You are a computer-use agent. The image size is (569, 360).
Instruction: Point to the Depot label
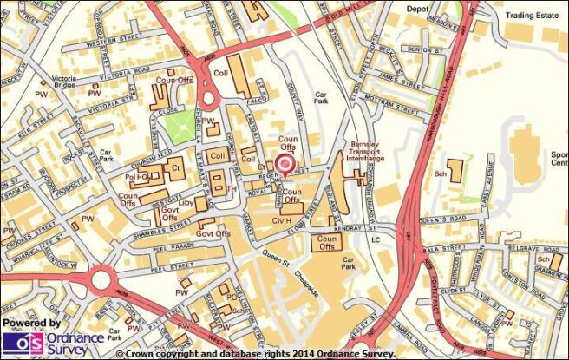click(418, 9)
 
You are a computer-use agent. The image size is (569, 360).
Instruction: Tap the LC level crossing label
click(376, 239)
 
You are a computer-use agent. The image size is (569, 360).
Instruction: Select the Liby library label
click(186, 202)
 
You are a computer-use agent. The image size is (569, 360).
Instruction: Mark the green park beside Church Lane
click(181, 127)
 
